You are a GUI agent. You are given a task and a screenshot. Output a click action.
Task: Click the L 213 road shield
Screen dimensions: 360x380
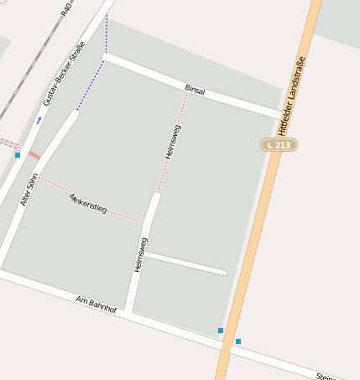click(279, 145)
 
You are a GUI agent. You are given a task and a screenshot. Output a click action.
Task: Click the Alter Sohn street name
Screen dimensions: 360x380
click(29, 190)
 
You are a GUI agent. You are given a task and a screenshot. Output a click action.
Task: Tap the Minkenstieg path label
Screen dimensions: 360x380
click(88, 203)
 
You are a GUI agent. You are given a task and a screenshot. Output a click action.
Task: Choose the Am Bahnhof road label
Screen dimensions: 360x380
click(94, 304)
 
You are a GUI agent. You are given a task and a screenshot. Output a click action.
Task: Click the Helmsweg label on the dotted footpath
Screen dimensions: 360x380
click(173, 142)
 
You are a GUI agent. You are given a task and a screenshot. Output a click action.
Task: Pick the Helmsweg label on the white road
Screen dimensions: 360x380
click(140, 254)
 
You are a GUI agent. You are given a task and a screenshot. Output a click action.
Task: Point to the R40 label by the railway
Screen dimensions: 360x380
click(67, 10)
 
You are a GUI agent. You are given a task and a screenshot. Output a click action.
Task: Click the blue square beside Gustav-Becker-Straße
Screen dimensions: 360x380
click(18, 155)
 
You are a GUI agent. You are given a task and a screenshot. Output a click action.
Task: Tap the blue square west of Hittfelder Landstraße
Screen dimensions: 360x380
click(221, 331)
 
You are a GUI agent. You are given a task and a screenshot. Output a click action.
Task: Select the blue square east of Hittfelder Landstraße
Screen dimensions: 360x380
click(238, 341)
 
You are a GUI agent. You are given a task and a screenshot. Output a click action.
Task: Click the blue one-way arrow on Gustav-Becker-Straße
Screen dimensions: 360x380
click(39, 120)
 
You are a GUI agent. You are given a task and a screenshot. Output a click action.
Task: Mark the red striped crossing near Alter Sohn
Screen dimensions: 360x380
click(34, 155)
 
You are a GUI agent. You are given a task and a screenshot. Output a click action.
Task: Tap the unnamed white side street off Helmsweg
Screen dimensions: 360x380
click(186, 263)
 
